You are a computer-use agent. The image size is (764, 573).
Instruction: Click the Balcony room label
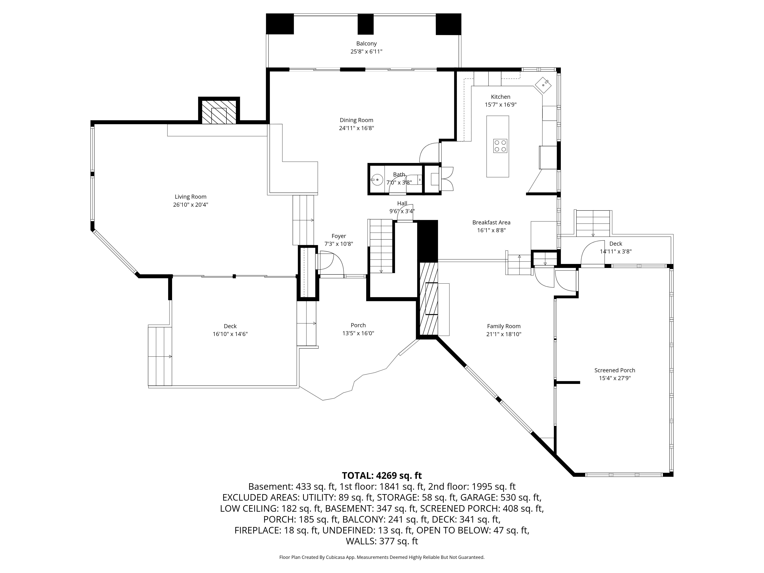[367, 44]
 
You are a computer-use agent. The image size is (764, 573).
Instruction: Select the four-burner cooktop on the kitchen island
[500, 146]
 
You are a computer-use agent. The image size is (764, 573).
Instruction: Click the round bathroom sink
[377, 180]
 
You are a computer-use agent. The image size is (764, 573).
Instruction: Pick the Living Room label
[191, 197]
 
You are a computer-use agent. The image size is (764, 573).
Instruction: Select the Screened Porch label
[615, 370]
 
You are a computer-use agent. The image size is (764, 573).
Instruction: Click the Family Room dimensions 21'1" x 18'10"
[504, 334]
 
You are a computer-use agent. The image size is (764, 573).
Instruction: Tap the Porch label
[358, 325]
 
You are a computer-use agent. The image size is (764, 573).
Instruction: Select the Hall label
[402, 203]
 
